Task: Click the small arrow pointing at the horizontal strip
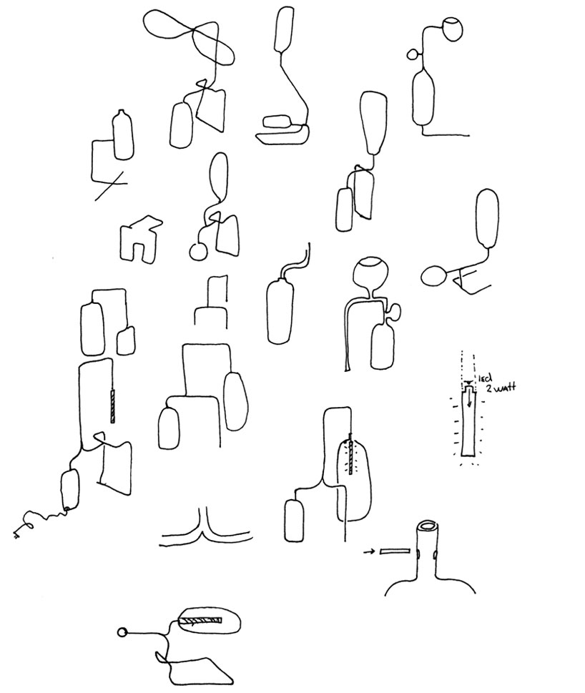tap(369, 552)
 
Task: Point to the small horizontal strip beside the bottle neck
tap(394, 552)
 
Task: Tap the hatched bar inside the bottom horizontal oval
tap(201, 621)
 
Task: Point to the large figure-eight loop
tap(189, 36)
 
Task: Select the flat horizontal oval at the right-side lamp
tap(434, 274)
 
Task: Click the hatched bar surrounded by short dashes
tap(350, 453)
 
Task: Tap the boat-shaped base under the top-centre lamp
tap(283, 134)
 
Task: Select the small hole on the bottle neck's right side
tap(436, 554)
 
